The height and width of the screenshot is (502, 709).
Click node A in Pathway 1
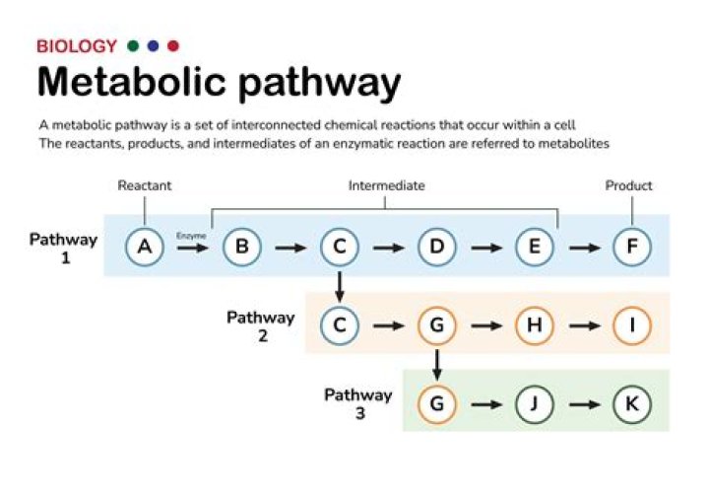click(144, 247)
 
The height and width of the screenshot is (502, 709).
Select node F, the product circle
click(631, 247)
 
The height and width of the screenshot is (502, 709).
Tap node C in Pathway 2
click(339, 325)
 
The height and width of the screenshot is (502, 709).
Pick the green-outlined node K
click(631, 403)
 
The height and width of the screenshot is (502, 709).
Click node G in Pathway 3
click(436, 403)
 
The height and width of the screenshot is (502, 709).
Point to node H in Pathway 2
click(534, 325)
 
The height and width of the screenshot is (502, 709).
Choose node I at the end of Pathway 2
click(631, 325)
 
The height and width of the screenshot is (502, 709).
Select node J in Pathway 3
click(534, 403)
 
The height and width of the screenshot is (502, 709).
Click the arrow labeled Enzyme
click(192, 248)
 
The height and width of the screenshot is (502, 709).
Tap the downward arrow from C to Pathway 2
click(339, 287)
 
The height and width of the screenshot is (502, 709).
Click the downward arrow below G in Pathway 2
click(436, 365)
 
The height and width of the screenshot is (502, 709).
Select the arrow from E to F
click(583, 248)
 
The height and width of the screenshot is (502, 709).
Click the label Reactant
click(144, 185)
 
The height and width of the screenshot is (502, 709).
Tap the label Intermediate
click(386, 185)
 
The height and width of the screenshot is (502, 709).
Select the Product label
click(628, 185)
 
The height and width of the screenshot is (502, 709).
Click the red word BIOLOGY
click(76, 46)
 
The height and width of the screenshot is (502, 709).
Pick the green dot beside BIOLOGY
click(133, 46)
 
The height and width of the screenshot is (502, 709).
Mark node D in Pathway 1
click(436, 247)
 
